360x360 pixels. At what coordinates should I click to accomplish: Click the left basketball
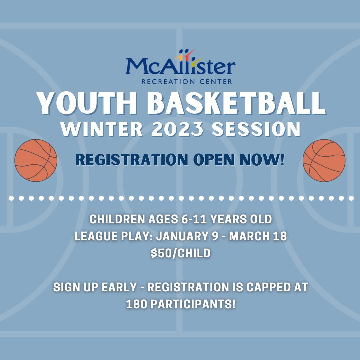coord(36,160)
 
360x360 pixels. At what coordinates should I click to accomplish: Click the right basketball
coord(324,160)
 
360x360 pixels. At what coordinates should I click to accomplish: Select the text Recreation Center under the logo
coord(187,81)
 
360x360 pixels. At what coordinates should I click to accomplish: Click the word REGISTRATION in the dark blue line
coord(130,160)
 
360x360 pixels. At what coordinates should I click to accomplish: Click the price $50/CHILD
coord(180,253)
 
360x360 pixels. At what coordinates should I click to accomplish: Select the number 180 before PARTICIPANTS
coord(136,304)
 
